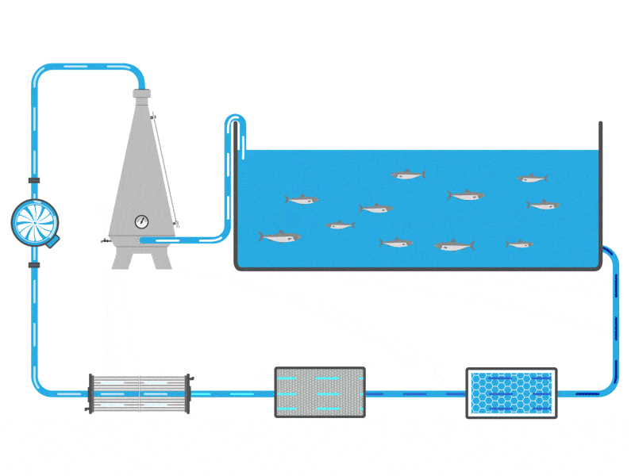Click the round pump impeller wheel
(35, 222)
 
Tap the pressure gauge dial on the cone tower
(142, 221)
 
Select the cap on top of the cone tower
(141, 94)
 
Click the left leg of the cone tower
(121, 259)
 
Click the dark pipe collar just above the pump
(34, 181)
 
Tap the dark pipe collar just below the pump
(34, 264)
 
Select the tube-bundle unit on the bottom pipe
(140, 393)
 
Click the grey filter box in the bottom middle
(320, 392)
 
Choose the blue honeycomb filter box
(511, 393)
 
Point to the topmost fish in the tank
(408, 175)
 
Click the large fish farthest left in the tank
(279, 236)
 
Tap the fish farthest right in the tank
(543, 205)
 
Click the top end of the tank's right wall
(600, 125)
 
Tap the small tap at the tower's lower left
(106, 240)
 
